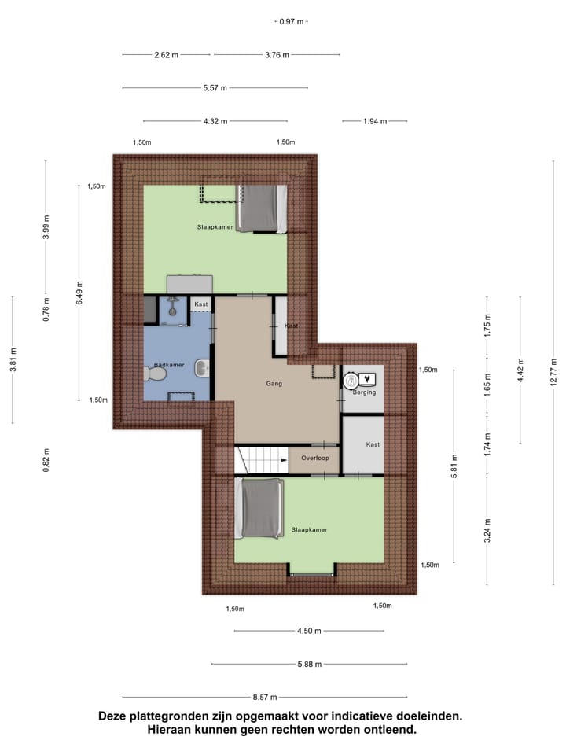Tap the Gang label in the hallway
[273, 384]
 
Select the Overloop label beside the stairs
[314, 457]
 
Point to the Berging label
[365, 392]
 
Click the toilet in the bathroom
[154, 376]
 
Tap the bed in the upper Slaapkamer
[262, 208]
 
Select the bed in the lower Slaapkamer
[262, 508]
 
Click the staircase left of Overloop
[261, 459]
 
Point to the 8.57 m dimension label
[265, 697]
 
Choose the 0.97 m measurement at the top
[292, 22]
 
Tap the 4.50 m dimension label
[310, 631]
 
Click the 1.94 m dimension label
[375, 121]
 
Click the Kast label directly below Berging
[373, 444]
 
